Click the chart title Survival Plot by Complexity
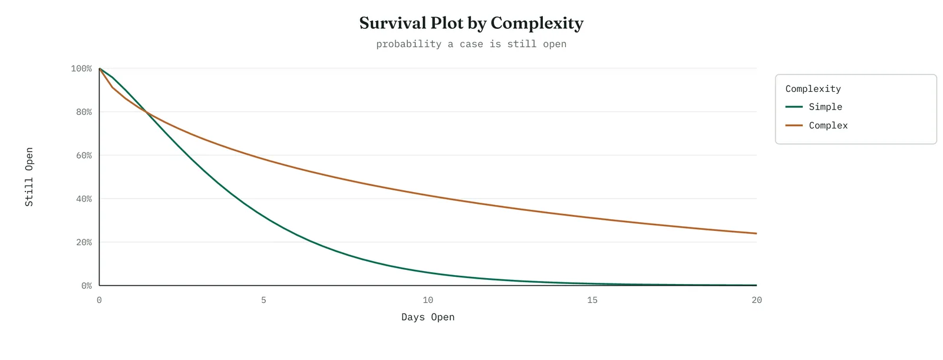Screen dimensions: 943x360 (x=471, y=23)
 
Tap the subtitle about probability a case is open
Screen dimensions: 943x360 (x=471, y=44)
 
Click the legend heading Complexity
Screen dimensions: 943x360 (x=813, y=89)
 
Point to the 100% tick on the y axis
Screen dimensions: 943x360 (x=81, y=68)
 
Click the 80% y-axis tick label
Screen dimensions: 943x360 (x=84, y=112)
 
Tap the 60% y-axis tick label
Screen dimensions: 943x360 (x=84, y=156)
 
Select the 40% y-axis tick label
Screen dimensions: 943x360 (x=84, y=199)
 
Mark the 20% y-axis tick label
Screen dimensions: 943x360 (x=84, y=242)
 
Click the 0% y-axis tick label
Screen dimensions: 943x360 (x=87, y=286)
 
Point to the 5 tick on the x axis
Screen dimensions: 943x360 (x=263, y=300)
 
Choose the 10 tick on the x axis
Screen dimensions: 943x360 (x=428, y=300)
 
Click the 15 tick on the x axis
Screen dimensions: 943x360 (x=592, y=300)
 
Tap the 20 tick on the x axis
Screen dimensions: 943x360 (x=757, y=300)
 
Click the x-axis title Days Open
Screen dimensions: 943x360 (x=428, y=317)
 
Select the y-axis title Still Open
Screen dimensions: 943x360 (x=29, y=177)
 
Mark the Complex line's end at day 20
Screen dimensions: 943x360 (x=757, y=233)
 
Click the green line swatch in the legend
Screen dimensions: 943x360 (x=794, y=107)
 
